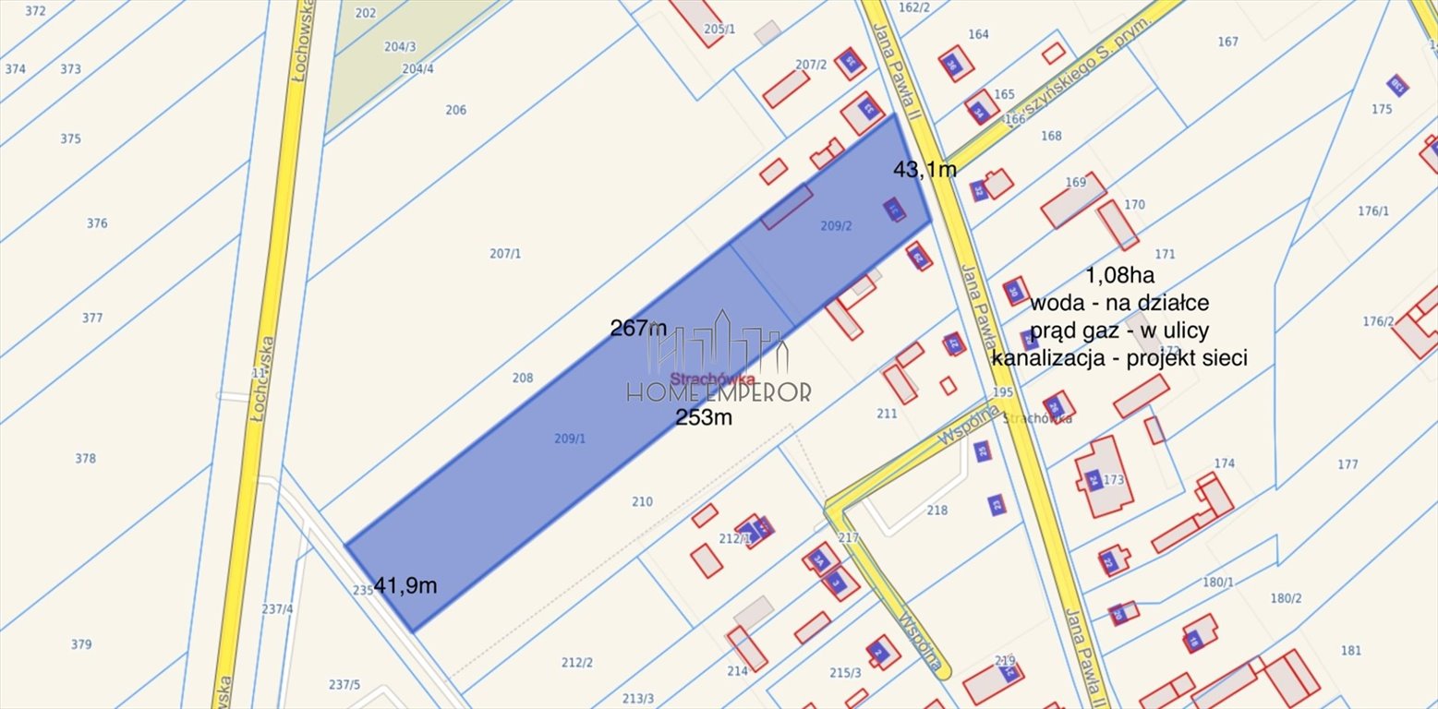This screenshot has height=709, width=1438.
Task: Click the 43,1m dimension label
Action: coord(924,169)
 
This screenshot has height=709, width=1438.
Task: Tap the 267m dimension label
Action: coord(638,328)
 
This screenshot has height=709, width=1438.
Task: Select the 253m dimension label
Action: coord(704,417)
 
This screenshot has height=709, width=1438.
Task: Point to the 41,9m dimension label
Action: coord(405,585)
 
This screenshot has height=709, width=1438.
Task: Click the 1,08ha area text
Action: coord(1119,274)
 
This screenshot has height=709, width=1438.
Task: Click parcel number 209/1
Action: coord(570,439)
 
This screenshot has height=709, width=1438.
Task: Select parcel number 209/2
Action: coord(836,225)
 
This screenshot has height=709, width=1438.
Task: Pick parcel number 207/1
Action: coord(505,253)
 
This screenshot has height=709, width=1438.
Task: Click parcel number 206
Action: coord(455,110)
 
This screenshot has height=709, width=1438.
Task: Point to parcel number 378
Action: coord(85,458)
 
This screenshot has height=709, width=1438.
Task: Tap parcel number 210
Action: coord(642,502)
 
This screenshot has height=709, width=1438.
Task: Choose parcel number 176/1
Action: coord(1372,211)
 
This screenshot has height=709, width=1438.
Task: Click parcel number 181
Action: coord(1351,650)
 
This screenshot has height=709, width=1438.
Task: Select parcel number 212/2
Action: coord(577,662)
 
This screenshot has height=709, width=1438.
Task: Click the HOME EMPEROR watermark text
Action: coord(719,391)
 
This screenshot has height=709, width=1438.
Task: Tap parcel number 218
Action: coord(937,511)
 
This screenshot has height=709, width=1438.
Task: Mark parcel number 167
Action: coord(1227,42)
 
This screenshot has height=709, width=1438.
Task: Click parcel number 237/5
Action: coord(344,684)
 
